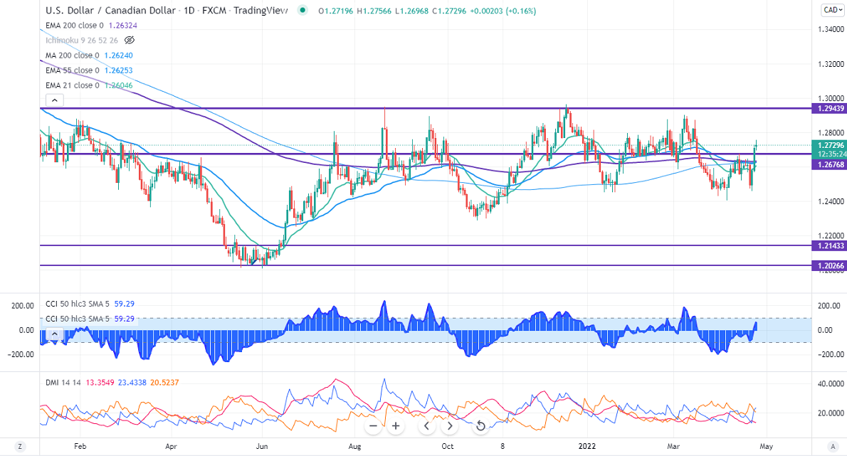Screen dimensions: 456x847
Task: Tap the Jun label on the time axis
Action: (263, 447)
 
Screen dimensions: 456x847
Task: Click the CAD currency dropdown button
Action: (831, 10)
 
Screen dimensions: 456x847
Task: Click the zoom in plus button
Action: (396, 426)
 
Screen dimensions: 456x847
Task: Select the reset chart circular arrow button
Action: (480, 426)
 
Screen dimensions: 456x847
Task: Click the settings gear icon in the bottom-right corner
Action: (833, 447)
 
